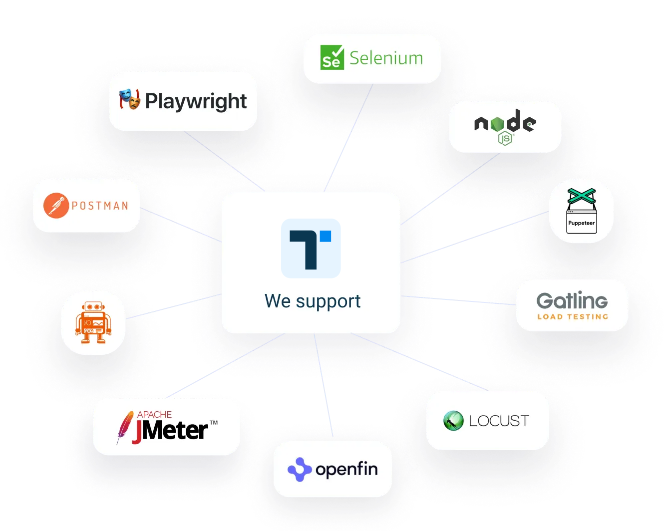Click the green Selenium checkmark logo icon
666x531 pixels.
[332, 57]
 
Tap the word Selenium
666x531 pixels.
[386, 58]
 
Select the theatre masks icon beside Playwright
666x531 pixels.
[129, 99]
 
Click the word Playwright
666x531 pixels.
[196, 101]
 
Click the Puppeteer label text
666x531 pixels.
[581, 223]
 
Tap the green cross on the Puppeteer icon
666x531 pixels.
[582, 196]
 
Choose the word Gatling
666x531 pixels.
[572, 300]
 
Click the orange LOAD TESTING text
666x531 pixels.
[573, 316]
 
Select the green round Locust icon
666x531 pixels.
[453, 421]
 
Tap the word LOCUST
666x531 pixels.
[499, 421]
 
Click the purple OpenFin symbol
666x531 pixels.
[300, 469]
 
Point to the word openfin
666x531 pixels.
[346, 470]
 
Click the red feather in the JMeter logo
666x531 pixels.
[124, 427]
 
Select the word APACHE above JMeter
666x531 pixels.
[154, 415]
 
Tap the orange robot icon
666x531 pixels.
[93, 322]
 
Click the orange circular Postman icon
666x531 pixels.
[56, 206]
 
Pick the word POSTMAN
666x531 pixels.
[100, 206]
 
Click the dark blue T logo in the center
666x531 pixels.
[311, 249]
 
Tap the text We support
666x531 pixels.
[313, 301]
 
